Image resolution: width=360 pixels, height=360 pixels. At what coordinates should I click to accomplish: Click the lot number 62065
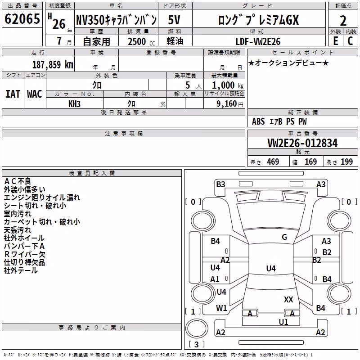pos(22,19)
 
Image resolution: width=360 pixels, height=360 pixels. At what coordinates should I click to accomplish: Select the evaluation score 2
pos(343,21)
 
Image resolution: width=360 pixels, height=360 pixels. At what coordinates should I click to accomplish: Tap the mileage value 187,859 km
pos(53,65)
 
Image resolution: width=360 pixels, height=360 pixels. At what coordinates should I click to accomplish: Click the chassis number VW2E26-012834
pos(302,143)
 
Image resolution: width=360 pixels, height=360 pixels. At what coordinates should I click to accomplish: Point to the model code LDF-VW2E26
pos(258,41)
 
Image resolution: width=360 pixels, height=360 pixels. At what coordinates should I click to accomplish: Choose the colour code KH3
pos(74,104)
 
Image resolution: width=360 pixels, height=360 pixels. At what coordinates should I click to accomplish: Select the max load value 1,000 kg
pos(228,85)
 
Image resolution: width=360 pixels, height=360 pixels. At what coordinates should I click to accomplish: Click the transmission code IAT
pos(13,94)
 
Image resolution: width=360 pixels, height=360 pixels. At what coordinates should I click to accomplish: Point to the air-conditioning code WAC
pos(35,94)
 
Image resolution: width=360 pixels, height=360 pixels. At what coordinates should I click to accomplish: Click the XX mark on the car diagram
pos(288,299)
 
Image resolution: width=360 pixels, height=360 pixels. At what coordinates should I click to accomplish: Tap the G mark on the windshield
pos(284,237)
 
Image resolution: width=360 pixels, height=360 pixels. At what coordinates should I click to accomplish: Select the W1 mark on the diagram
pos(221,308)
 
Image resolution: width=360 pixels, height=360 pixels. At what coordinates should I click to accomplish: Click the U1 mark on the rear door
pos(283,322)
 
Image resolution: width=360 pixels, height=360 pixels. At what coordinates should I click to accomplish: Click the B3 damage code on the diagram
pos(220,184)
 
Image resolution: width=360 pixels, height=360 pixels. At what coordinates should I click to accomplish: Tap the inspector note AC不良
pos(18,181)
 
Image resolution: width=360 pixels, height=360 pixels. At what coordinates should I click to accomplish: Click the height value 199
pos(346,162)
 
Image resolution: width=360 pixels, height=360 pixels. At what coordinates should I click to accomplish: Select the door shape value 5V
pos(174,20)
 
